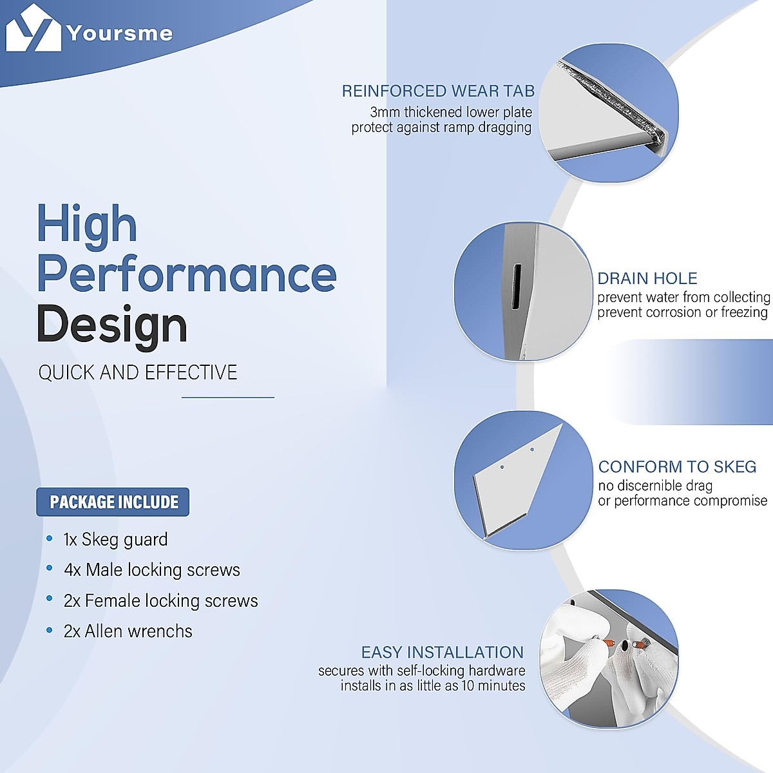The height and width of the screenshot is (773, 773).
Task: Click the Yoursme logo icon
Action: pos(33,28)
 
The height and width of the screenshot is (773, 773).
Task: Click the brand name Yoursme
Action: pos(120,33)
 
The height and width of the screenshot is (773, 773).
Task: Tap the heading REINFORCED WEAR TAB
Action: pos(438,91)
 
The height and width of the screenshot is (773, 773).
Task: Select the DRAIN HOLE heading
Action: pos(647,278)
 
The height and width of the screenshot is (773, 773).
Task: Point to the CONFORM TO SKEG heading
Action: pos(677,466)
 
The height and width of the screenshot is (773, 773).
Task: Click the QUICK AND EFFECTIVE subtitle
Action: pos(138,372)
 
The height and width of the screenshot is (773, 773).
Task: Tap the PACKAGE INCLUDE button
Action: pos(113,502)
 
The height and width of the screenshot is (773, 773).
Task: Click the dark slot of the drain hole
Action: pos(517,287)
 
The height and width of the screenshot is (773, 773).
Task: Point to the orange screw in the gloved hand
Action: pos(609,642)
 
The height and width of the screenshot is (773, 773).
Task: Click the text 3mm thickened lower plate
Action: pos(451,112)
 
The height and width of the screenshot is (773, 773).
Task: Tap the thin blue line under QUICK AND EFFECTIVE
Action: pos(228,397)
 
